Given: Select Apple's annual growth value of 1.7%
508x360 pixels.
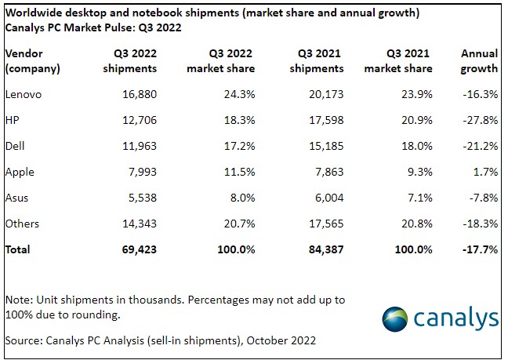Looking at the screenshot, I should [482, 171].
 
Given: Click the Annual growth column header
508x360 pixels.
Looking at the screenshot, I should [478, 60].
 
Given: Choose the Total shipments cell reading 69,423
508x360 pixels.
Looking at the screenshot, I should [135, 249].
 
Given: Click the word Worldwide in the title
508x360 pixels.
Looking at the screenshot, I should [31, 12].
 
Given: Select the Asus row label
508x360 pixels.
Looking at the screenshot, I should [17, 197].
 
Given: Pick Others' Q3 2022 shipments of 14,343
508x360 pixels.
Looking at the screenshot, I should [135, 223].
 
